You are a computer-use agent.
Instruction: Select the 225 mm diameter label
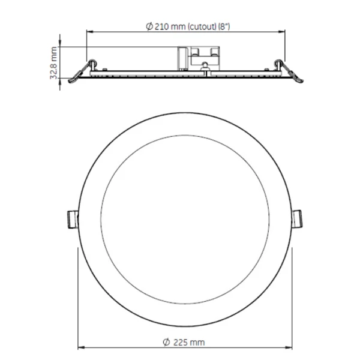pyautogui.click(x=184, y=342)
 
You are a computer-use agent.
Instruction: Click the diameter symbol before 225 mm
pyautogui.click(x=166, y=342)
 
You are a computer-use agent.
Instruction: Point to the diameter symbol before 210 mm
pyautogui.click(x=149, y=26)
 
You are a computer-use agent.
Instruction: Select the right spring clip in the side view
pyautogui.click(x=289, y=72)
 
